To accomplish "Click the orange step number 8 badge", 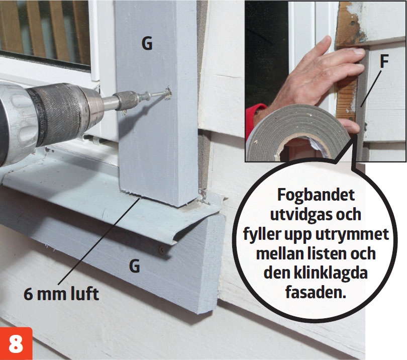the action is pyautogui.click(x=16, y=343).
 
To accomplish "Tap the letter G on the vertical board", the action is pyautogui.click(x=147, y=43).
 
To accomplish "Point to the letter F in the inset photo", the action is pyautogui.click(x=384, y=61).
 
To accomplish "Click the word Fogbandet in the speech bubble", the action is pyautogui.click(x=316, y=195).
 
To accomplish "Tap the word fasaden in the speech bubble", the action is pyautogui.click(x=316, y=292).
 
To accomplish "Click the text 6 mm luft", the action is pyautogui.click(x=61, y=294).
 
